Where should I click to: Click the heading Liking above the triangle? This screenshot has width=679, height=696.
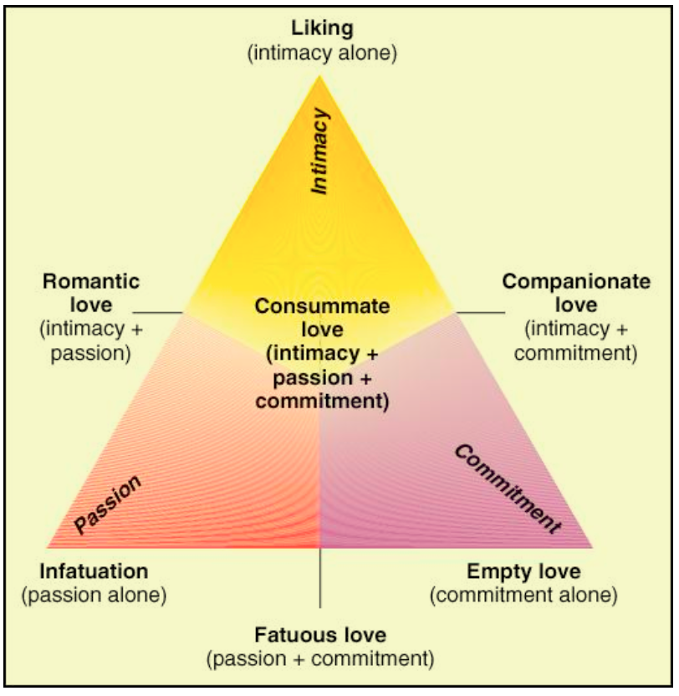point(321,29)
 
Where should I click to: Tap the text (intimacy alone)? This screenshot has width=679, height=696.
point(321,54)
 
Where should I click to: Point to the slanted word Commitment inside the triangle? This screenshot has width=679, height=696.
point(506,489)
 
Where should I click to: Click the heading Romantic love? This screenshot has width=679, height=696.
point(90,291)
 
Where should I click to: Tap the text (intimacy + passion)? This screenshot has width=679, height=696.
point(90,340)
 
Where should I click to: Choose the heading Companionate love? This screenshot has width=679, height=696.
point(575,292)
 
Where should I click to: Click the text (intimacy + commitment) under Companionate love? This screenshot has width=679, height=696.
point(575,341)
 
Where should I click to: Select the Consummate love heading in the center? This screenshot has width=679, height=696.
point(322,317)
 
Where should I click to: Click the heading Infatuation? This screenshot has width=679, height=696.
point(94,572)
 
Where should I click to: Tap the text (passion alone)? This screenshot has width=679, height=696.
point(94,596)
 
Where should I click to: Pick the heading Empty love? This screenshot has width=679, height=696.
point(523,572)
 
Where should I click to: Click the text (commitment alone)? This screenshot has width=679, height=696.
point(523,596)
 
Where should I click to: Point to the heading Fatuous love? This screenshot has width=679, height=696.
point(321,634)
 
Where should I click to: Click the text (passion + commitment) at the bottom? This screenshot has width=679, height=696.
point(321,658)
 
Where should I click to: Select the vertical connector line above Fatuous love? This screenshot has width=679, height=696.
point(320,577)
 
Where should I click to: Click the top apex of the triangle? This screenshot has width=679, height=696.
point(320,76)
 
